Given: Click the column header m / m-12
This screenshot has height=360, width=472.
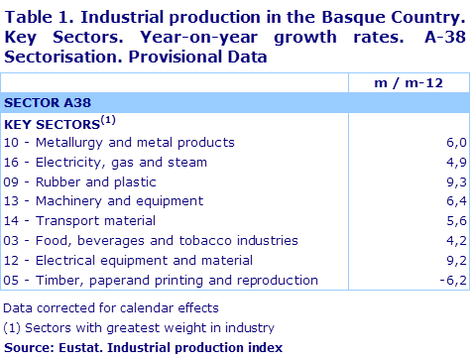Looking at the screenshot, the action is click(x=409, y=83).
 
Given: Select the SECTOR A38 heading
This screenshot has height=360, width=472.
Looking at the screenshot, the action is click(x=48, y=103).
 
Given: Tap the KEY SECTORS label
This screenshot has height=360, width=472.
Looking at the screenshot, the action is click(x=52, y=125).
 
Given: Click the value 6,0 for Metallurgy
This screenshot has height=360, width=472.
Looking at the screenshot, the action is click(x=456, y=143).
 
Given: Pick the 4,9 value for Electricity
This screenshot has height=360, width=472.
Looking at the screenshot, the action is click(x=456, y=163).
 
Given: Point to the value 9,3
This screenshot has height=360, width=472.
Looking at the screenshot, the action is click(x=456, y=181).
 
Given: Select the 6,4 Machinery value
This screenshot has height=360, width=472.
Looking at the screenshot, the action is click(x=456, y=200).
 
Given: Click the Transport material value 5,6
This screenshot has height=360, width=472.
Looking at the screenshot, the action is click(x=456, y=221).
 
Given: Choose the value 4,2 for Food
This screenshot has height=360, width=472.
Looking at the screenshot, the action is click(x=456, y=241).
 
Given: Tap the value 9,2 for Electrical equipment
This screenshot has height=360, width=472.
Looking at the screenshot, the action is click(x=456, y=261).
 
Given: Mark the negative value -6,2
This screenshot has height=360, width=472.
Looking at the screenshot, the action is click(x=453, y=281).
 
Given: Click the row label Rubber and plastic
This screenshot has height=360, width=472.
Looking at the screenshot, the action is click(x=96, y=182).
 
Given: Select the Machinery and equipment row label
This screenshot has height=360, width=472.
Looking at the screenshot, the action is click(x=119, y=201).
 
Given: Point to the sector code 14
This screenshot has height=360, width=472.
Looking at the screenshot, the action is click(x=11, y=221).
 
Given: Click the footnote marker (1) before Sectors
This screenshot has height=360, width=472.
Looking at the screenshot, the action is click(x=12, y=328).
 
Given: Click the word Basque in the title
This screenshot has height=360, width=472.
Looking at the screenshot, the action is click(x=353, y=18).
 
